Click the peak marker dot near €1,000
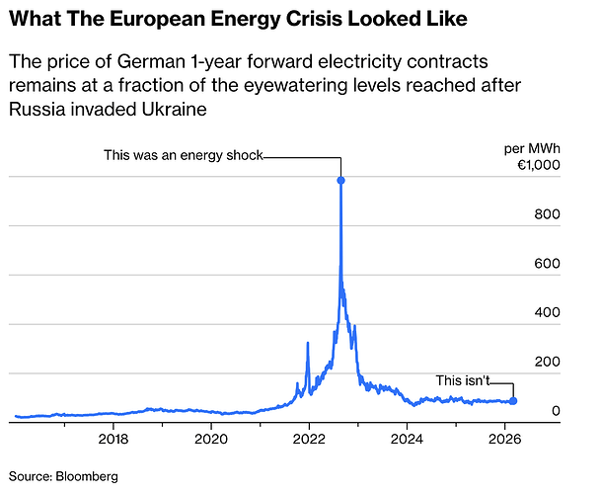tap(340, 180)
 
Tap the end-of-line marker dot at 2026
tap(513, 401)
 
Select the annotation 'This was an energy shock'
tap(183, 155)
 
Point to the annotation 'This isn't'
tap(463, 380)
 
